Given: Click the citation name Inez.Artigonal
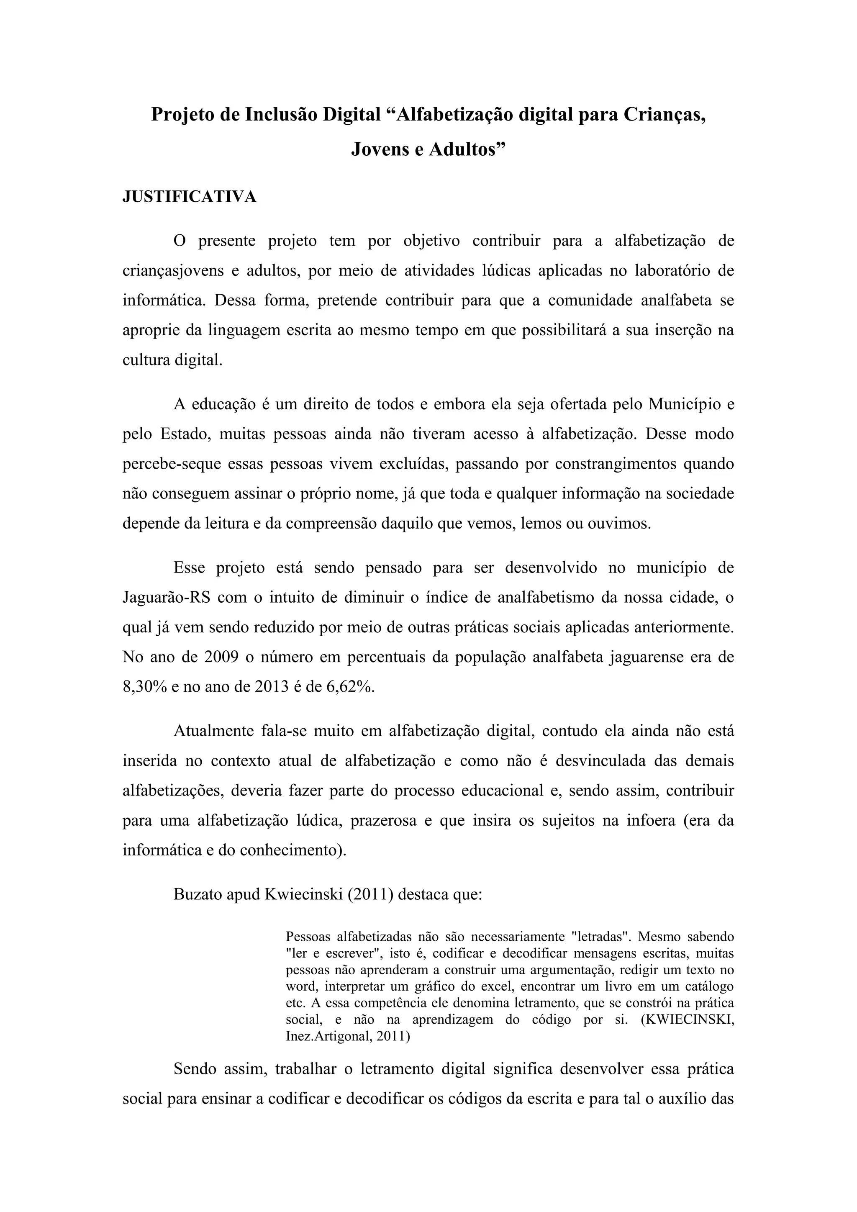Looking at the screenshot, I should (x=327, y=1036).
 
